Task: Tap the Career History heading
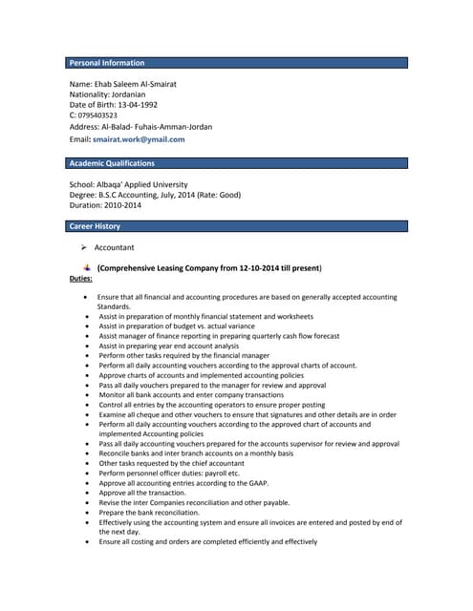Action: point(96,226)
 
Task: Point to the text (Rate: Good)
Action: point(219,195)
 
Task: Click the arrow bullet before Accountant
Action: point(84,248)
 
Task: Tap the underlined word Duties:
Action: point(81,278)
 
